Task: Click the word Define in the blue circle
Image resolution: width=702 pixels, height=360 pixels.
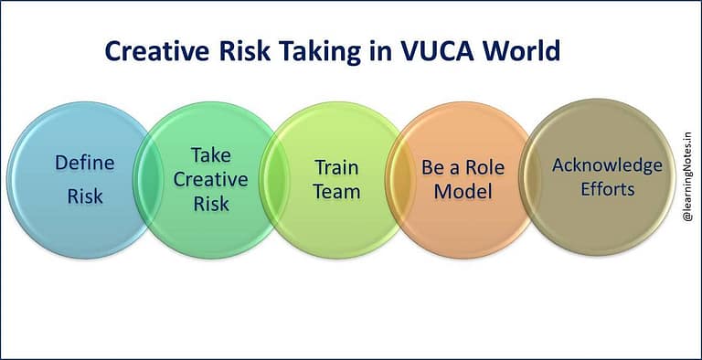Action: (85, 164)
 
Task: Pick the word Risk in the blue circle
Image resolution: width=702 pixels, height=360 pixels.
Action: (85, 196)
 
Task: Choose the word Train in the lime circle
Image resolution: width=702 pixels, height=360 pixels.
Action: (336, 167)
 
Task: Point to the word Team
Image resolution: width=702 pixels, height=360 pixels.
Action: (336, 192)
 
